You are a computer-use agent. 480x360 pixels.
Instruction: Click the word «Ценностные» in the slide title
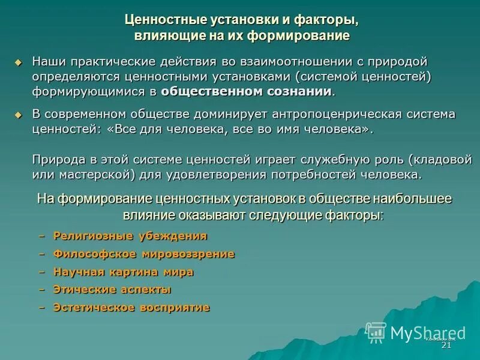[x=158, y=19]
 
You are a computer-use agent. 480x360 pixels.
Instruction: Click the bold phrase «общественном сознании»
[x=246, y=91]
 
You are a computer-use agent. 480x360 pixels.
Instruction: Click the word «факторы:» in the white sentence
[x=353, y=214]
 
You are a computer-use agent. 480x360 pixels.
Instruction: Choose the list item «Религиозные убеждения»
[x=130, y=236]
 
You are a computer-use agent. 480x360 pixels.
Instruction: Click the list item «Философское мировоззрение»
[x=143, y=254]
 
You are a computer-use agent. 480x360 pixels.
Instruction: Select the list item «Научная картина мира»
[x=123, y=272]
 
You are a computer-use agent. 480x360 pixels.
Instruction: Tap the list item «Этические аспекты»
[x=112, y=289]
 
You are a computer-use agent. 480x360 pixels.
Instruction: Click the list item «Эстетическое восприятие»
[x=131, y=307]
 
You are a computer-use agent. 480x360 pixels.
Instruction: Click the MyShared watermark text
[x=427, y=332]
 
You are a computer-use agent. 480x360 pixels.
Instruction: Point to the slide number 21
[x=446, y=346]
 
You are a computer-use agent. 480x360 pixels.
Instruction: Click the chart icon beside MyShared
[x=376, y=332]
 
